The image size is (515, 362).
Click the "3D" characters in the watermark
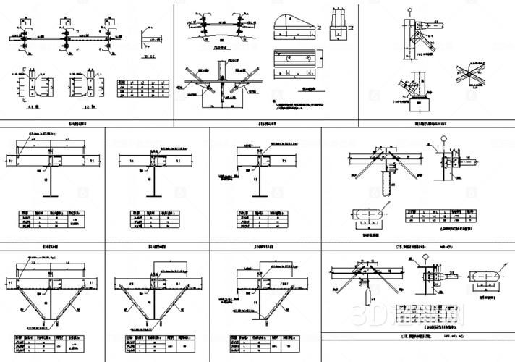coord(362,315)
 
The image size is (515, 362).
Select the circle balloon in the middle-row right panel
coord(445,135)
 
